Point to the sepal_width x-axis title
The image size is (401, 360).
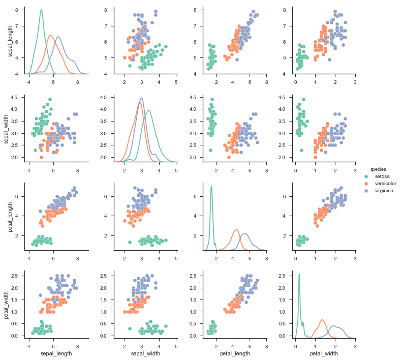[145, 353]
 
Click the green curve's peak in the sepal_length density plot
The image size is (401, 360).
[41, 10]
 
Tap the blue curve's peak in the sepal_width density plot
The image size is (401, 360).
[141, 98]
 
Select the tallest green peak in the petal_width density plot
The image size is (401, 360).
[299, 274]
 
